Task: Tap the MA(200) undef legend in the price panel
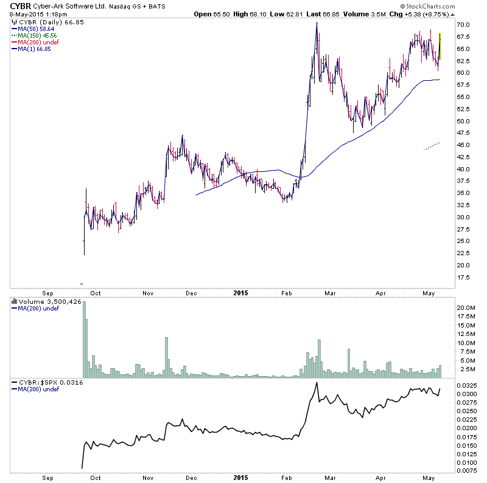[x=32, y=42]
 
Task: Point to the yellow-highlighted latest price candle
[x=440, y=46]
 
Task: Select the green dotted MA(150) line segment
[x=432, y=146]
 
